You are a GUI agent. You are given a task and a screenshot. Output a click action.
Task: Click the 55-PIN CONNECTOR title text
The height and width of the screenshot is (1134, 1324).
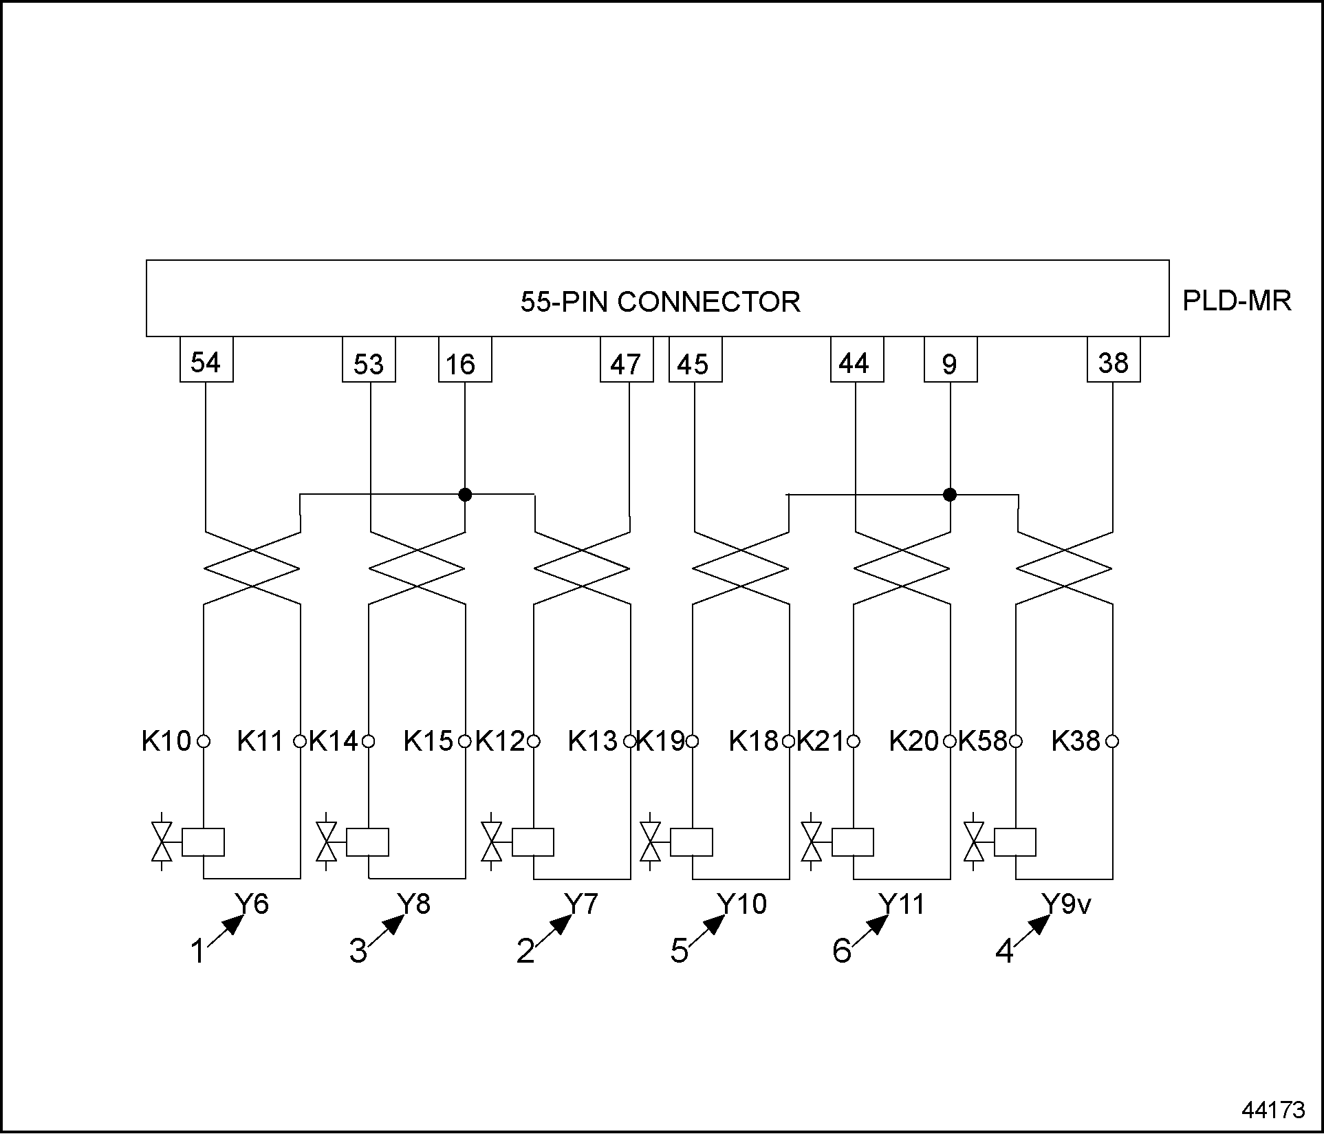coord(660,302)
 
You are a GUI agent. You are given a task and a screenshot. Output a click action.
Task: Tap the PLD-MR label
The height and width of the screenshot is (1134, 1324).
coord(1236,301)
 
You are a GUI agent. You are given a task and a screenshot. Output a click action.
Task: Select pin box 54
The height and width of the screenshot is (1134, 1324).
coord(206,360)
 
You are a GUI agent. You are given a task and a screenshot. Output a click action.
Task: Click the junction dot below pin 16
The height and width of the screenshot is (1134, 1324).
coord(465,494)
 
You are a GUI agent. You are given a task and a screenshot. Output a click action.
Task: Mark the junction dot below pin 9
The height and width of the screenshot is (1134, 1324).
coord(950,494)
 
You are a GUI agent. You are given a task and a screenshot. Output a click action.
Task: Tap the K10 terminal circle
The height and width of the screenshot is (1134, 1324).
coord(204,741)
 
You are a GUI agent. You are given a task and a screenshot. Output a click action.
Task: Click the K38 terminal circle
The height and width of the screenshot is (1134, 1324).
coord(1113,741)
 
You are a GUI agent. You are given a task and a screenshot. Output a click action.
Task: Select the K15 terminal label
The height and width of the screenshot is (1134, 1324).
coord(428,741)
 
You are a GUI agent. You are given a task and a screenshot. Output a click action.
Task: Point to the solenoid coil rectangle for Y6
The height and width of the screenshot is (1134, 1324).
coord(204,842)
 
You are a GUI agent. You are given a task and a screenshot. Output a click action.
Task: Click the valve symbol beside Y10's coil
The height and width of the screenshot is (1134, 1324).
coord(650,842)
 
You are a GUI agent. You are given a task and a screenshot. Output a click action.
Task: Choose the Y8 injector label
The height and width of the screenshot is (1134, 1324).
coord(414,903)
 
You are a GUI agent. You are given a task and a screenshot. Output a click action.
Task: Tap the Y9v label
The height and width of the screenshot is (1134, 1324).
coord(1065,903)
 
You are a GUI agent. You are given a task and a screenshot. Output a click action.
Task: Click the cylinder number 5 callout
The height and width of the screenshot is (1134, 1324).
coord(679,951)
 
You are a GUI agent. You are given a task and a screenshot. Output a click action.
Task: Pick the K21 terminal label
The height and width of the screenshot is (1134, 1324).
coord(821,741)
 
